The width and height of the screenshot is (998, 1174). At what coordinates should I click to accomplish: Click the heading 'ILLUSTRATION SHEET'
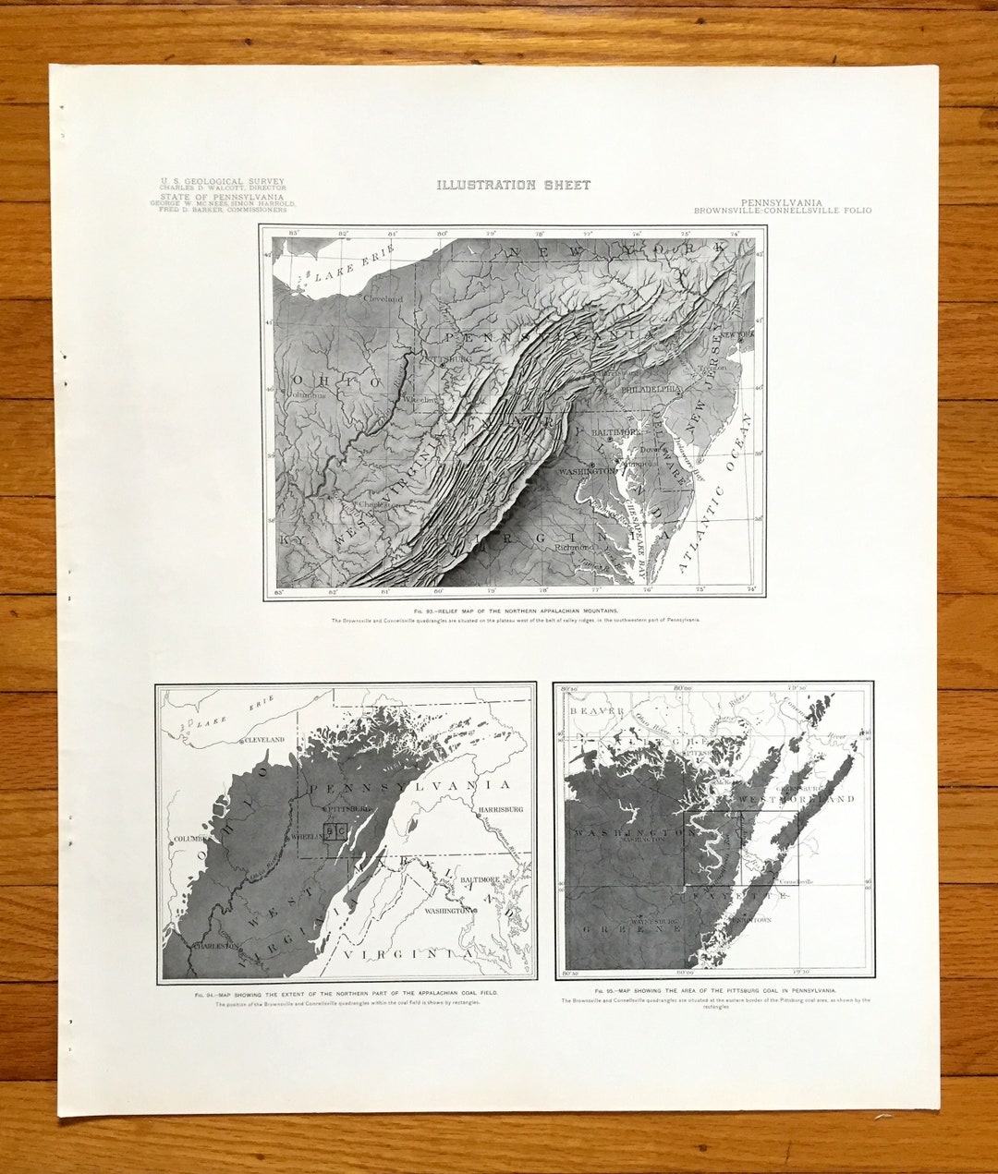pos(513,185)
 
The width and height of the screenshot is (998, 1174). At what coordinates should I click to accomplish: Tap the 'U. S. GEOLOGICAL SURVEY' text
pos(222,182)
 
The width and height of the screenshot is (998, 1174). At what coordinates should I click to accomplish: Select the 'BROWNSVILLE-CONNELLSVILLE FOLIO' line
pos(783,211)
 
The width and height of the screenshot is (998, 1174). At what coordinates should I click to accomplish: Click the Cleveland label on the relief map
pos(383,299)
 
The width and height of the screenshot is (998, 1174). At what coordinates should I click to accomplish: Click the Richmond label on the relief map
pos(574,547)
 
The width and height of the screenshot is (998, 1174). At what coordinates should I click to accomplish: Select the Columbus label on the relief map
pos(307,394)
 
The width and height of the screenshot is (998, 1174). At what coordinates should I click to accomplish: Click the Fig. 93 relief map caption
pos(516,611)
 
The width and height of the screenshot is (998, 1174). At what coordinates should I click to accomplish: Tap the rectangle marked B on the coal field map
pos(330,831)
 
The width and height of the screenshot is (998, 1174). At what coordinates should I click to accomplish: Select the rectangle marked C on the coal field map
pos(342,831)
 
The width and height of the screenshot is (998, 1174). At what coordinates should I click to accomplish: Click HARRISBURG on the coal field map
pos(500,809)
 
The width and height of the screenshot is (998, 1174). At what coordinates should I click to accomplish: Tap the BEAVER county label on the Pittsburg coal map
pos(598,710)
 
